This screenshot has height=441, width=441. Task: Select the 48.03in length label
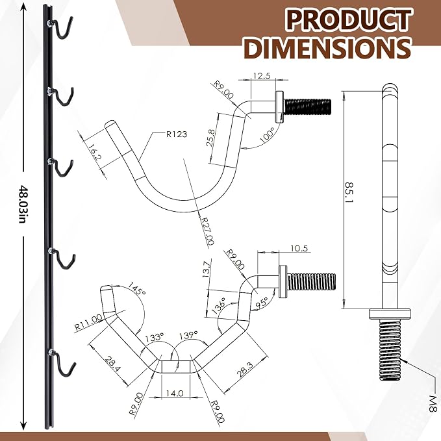pos(23,204)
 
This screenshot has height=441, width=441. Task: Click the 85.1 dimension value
pos(349,192)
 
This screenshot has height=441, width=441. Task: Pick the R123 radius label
pos(177,134)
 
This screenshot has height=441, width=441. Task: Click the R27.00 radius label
pos(207,231)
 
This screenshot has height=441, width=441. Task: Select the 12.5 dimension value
pos(262,75)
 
